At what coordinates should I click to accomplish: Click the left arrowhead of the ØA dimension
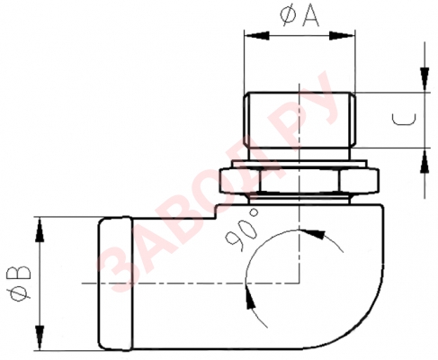(253, 37)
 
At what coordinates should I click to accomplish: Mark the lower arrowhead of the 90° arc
(250, 298)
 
